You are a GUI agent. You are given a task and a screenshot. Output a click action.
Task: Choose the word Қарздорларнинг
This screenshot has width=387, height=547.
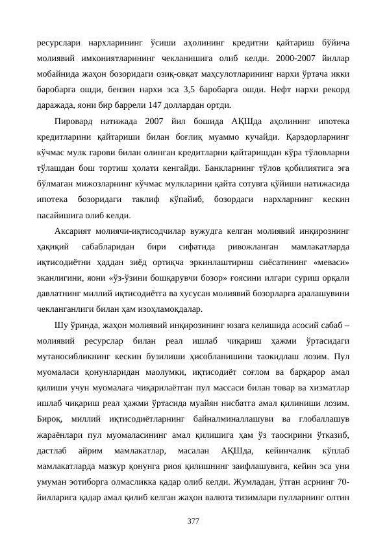point(313,136)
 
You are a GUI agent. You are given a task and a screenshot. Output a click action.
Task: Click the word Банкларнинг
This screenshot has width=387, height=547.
point(224,166)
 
